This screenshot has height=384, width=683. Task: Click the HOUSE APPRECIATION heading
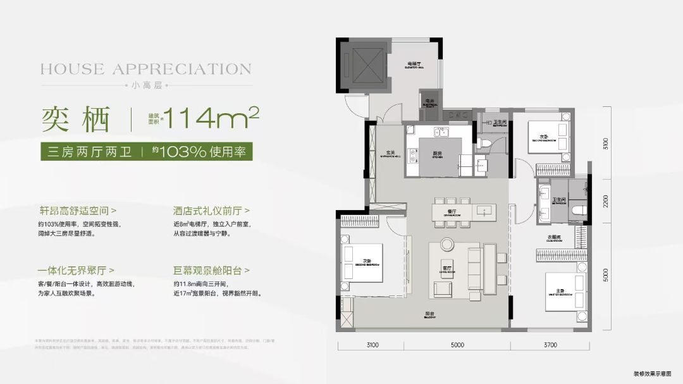click(x=146, y=69)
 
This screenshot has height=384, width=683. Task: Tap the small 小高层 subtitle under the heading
click(x=146, y=85)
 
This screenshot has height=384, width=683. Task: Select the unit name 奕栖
click(x=77, y=118)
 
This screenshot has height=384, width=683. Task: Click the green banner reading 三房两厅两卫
click(x=90, y=152)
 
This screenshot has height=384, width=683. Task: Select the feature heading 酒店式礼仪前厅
click(x=211, y=209)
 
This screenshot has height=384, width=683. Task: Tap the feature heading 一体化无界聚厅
click(x=76, y=270)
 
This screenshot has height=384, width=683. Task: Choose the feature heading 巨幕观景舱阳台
click(x=211, y=270)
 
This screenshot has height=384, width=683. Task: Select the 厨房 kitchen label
click(x=438, y=154)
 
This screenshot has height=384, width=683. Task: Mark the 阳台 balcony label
click(x=429, y=314)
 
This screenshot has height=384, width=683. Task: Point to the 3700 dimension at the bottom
click(x=550, y=345)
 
